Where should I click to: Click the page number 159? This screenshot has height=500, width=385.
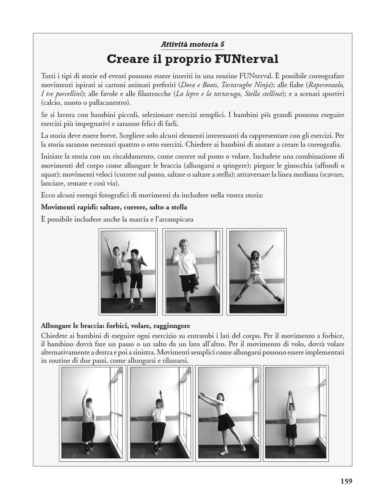[x=346, y=481]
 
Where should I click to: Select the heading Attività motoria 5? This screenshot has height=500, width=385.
[x=192, y=44]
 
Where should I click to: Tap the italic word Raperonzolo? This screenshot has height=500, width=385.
[x=326, y=85]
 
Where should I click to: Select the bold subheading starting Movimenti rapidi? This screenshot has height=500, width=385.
[x=114, y=207]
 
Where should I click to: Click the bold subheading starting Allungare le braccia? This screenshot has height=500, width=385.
[x=115, y=326]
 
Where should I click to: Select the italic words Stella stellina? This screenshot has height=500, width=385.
[x=263, y=94]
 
